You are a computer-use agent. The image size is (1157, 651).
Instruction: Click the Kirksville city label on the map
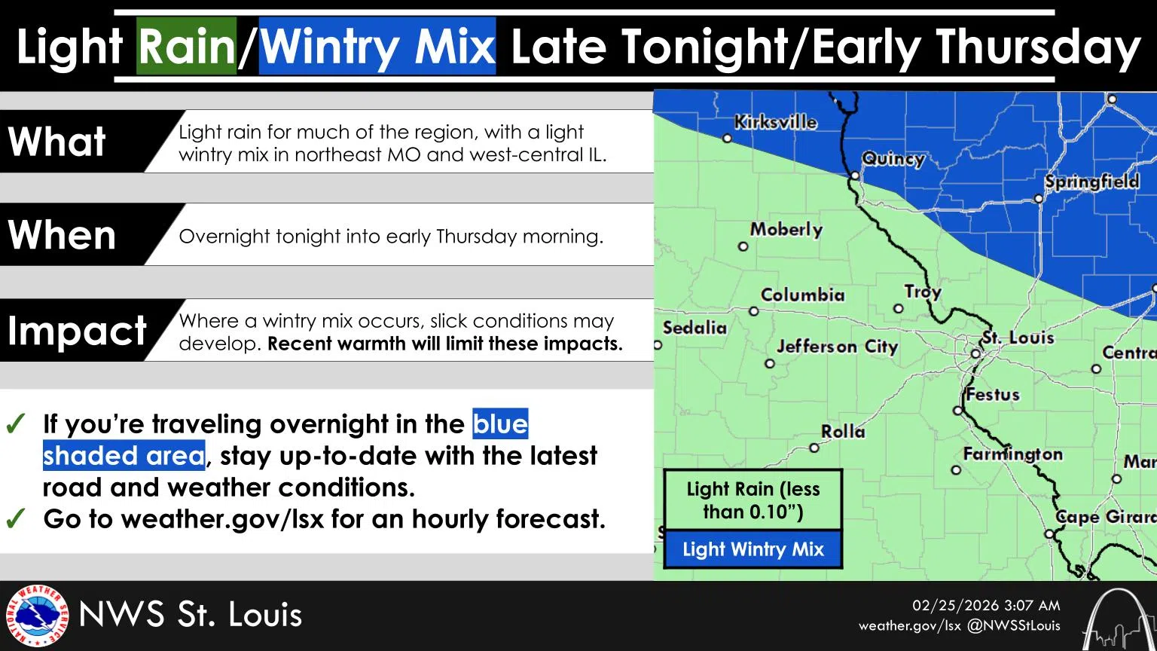[x=775, y=121]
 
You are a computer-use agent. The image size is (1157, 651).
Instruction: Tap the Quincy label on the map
[x=893, y=158]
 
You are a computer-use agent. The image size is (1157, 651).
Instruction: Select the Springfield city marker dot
[x=1038, y=199]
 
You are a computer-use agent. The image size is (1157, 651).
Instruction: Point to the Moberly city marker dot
[x=743, y=246]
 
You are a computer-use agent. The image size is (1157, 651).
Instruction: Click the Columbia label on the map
[x=802, y=295]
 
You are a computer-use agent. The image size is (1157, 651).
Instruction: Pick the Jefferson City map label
[x=837, y=347]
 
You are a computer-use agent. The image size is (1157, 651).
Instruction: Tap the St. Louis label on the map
[x=1017, y=338]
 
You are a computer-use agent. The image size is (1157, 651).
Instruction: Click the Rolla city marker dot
[x=814, y=448]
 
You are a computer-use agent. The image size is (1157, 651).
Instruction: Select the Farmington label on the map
[x=1012, y=454]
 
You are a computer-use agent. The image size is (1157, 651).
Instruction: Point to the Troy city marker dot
[x=898, y=308]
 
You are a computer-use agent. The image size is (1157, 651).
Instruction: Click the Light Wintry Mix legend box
[x=753, y=549]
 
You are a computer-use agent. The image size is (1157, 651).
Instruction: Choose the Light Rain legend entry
[x=753, y=500]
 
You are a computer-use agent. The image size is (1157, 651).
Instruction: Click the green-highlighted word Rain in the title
[x=187, y=47]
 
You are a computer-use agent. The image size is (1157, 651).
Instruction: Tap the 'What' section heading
[x=57, y=142]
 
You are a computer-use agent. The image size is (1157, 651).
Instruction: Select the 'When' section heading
[x=62, y=235]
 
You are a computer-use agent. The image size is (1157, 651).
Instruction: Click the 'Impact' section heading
[x=77, y=331]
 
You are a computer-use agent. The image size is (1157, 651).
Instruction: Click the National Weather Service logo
[x=37, y=616]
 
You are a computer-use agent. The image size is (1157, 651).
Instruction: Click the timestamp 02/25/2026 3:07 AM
[x=986, y=606]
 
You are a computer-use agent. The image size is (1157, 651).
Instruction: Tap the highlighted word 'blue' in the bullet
[x=500, y=423]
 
